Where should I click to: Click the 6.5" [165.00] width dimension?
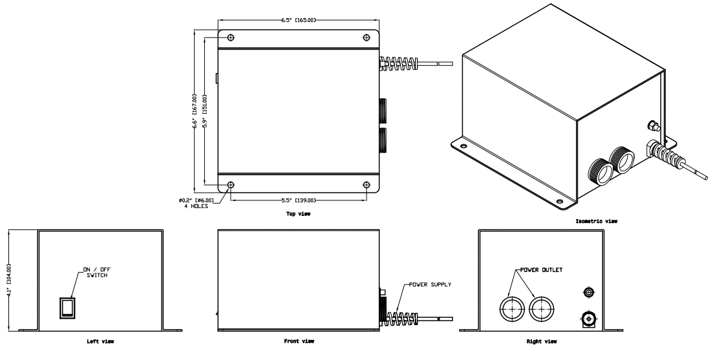(298, 21)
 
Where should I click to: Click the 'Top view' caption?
(298, 214)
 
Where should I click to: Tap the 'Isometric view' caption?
(596, 221)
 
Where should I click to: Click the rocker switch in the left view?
(67, 308)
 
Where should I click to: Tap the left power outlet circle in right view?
(511, 309)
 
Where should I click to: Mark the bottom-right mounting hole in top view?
(367, 185)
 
